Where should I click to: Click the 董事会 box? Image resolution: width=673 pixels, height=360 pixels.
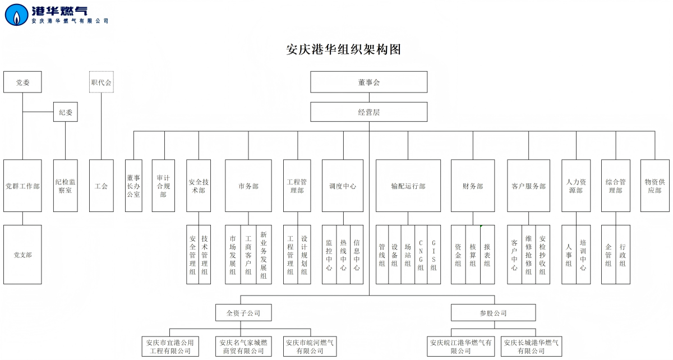click(x=369, y=82)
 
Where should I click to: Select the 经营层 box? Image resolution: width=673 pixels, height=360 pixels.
click(x=369, y=112)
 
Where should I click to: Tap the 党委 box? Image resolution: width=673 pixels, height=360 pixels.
click(x=22, y=82)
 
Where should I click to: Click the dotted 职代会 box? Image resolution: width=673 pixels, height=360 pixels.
click(x=102, y=82)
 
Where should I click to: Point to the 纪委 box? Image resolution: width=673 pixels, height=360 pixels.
click(x=66, y=112)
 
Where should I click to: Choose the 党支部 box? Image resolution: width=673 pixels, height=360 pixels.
click(x=22, y=255)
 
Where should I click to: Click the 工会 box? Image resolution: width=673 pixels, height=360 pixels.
click(x=102, y=186)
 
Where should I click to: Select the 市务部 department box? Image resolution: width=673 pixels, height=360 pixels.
click(x=248, y=186)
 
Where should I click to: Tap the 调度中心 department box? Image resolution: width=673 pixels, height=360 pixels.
click(x=343, y=186)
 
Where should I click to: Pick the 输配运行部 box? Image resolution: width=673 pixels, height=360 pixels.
click(x=408, y=186)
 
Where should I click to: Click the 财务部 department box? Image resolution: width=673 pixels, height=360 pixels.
click(x=473, y=186)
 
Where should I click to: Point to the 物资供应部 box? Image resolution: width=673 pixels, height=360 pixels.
click(x=654, y=186)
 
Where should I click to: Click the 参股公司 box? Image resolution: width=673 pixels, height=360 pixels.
click(x=493, y=313)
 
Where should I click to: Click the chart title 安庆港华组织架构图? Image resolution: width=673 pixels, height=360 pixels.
click(x=343, y=49)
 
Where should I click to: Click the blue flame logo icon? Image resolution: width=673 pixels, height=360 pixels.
click(x=16, y=15)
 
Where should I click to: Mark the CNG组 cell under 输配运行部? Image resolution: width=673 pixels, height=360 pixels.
click(x=421, y=255)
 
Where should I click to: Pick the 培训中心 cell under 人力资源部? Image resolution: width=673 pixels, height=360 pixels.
click(x=583, y=255)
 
